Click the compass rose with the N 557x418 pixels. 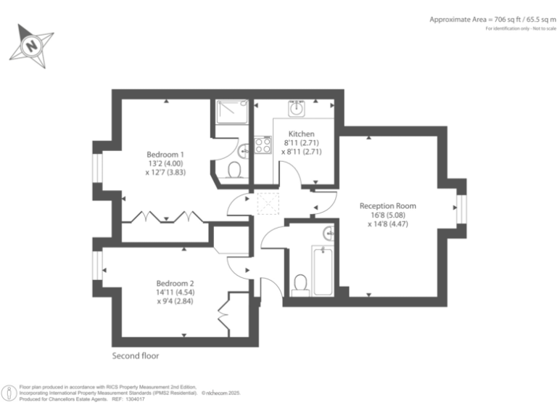(x=32, y=44)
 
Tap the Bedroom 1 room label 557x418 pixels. (x=166, y=155)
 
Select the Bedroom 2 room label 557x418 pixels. (x=176, y=283)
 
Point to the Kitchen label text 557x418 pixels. (x=301, y=134)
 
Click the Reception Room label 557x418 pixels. (x=388, y=206)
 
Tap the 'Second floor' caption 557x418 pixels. (x=136, y=356)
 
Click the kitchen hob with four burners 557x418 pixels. (x=262, y=144)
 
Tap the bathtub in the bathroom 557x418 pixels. (x=323, y=271)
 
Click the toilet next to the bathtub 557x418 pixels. (x=300, y=284)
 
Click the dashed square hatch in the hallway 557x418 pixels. (x=268, y=204)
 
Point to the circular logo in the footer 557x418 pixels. (x=9, y=393)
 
